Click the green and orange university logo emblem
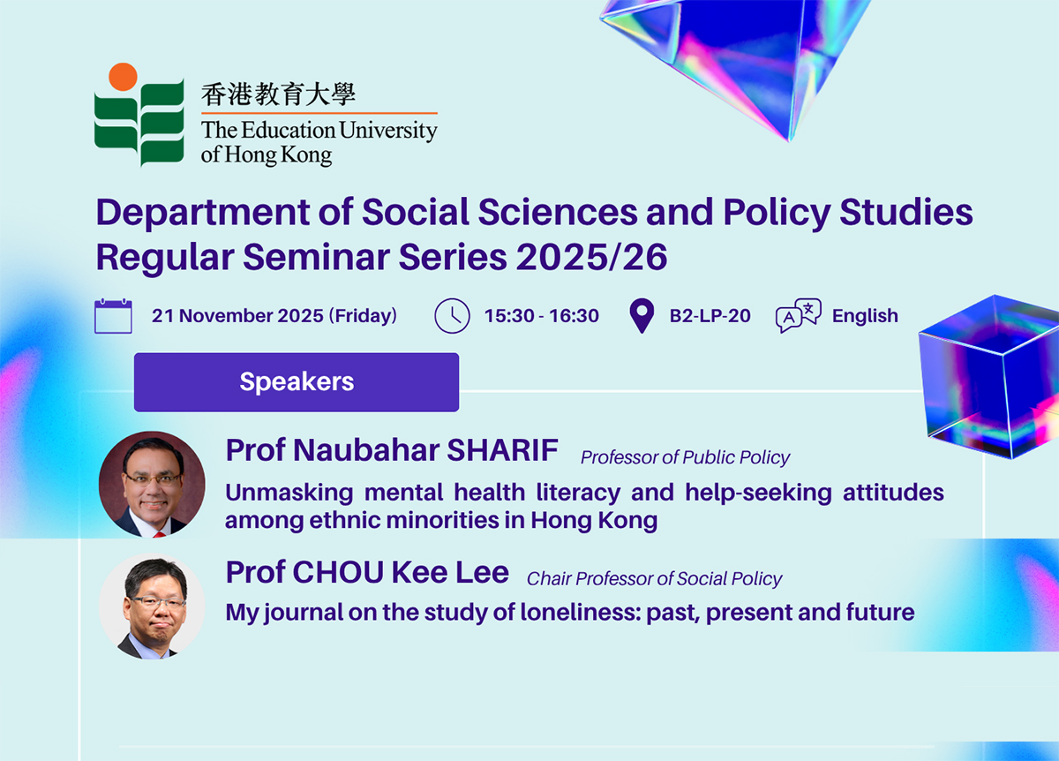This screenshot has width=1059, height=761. click(x=139, y=115)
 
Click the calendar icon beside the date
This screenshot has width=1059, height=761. click(x=113, y=316)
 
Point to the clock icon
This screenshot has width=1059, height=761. click(x=452, y=316)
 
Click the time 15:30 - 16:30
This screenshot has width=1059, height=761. click(x=541, y=316)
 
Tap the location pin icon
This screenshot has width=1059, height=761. click(x=642, y=316)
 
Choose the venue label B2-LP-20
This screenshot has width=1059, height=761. click(x=710, y=316)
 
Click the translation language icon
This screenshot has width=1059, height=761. click(x=798, y=315)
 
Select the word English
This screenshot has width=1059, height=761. click(x=865, y=316)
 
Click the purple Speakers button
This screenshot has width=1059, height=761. click(x=297, y=382)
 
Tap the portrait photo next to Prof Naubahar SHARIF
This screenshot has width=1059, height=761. click(x=152, y=484)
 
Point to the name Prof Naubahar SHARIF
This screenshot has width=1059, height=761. click(x=392, y=450)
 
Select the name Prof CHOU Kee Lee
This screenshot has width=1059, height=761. click(x=367, y=573)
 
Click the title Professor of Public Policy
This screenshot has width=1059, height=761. click(x=685, y=457)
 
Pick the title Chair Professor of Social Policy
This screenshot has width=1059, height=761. click(x=654, y=579)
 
